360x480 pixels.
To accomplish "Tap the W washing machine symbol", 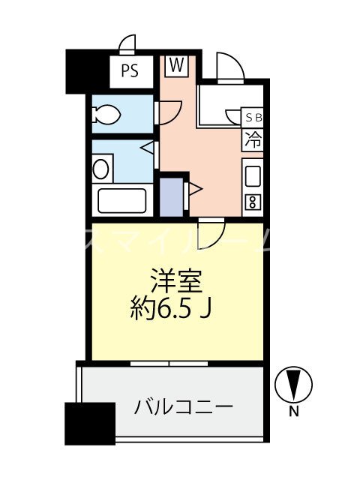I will point(177,65).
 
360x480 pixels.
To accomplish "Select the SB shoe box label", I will point(254,118).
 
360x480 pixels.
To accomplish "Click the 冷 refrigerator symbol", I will point(254,139).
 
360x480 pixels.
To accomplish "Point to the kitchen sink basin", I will point(253,177).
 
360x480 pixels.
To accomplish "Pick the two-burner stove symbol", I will point(253,201).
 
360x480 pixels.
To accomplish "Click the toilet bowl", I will point(106,115).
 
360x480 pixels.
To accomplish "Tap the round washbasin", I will point(100,167).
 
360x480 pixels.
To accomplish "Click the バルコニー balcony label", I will point(184,408).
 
